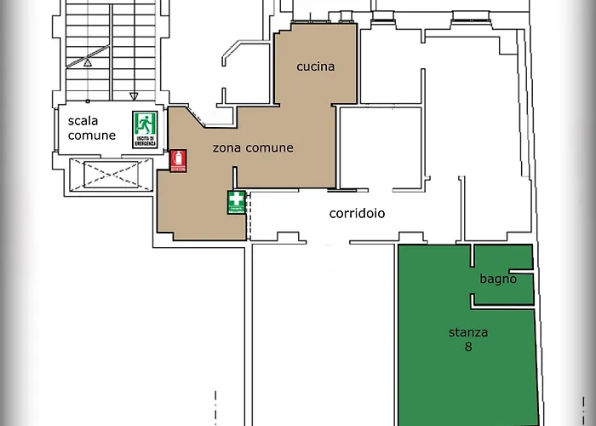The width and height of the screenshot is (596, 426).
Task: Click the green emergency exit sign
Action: tap(144, 130)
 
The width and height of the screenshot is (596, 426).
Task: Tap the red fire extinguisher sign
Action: tap(178, 161)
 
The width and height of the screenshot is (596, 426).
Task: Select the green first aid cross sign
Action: tap(236, 203)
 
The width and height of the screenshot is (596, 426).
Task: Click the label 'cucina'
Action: tap(315, 66)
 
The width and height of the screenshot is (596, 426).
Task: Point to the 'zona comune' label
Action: tap(252, 147)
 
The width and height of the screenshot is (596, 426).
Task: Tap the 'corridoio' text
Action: tap(357, 213)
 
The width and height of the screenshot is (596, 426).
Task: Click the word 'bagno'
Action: tap(498, 279)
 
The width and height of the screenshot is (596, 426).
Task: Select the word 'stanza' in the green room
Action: tap(468, 332)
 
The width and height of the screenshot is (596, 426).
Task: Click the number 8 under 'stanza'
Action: tap(468, 347)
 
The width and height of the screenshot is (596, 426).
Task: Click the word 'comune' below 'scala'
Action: tap(91, 135)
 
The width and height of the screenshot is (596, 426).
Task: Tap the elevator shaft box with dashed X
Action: tap(110, 174)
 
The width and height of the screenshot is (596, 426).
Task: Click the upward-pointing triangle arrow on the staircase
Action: tap(87, 61)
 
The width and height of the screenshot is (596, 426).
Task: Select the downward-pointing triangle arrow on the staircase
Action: tap(133, 97)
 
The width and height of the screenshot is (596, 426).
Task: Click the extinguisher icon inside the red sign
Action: tap(178, 158)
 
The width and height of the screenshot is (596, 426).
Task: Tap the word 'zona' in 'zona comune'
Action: tap(226, 147)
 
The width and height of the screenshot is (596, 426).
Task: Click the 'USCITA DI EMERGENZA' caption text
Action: tap(144, 141)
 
